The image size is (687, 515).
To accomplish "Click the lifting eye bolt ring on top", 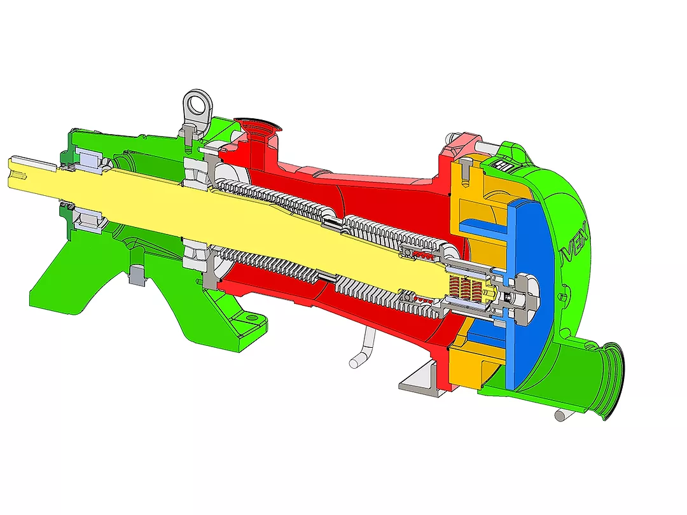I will click(x=193, y=102).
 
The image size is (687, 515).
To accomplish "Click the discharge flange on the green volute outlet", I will click(x=611, y=381).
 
